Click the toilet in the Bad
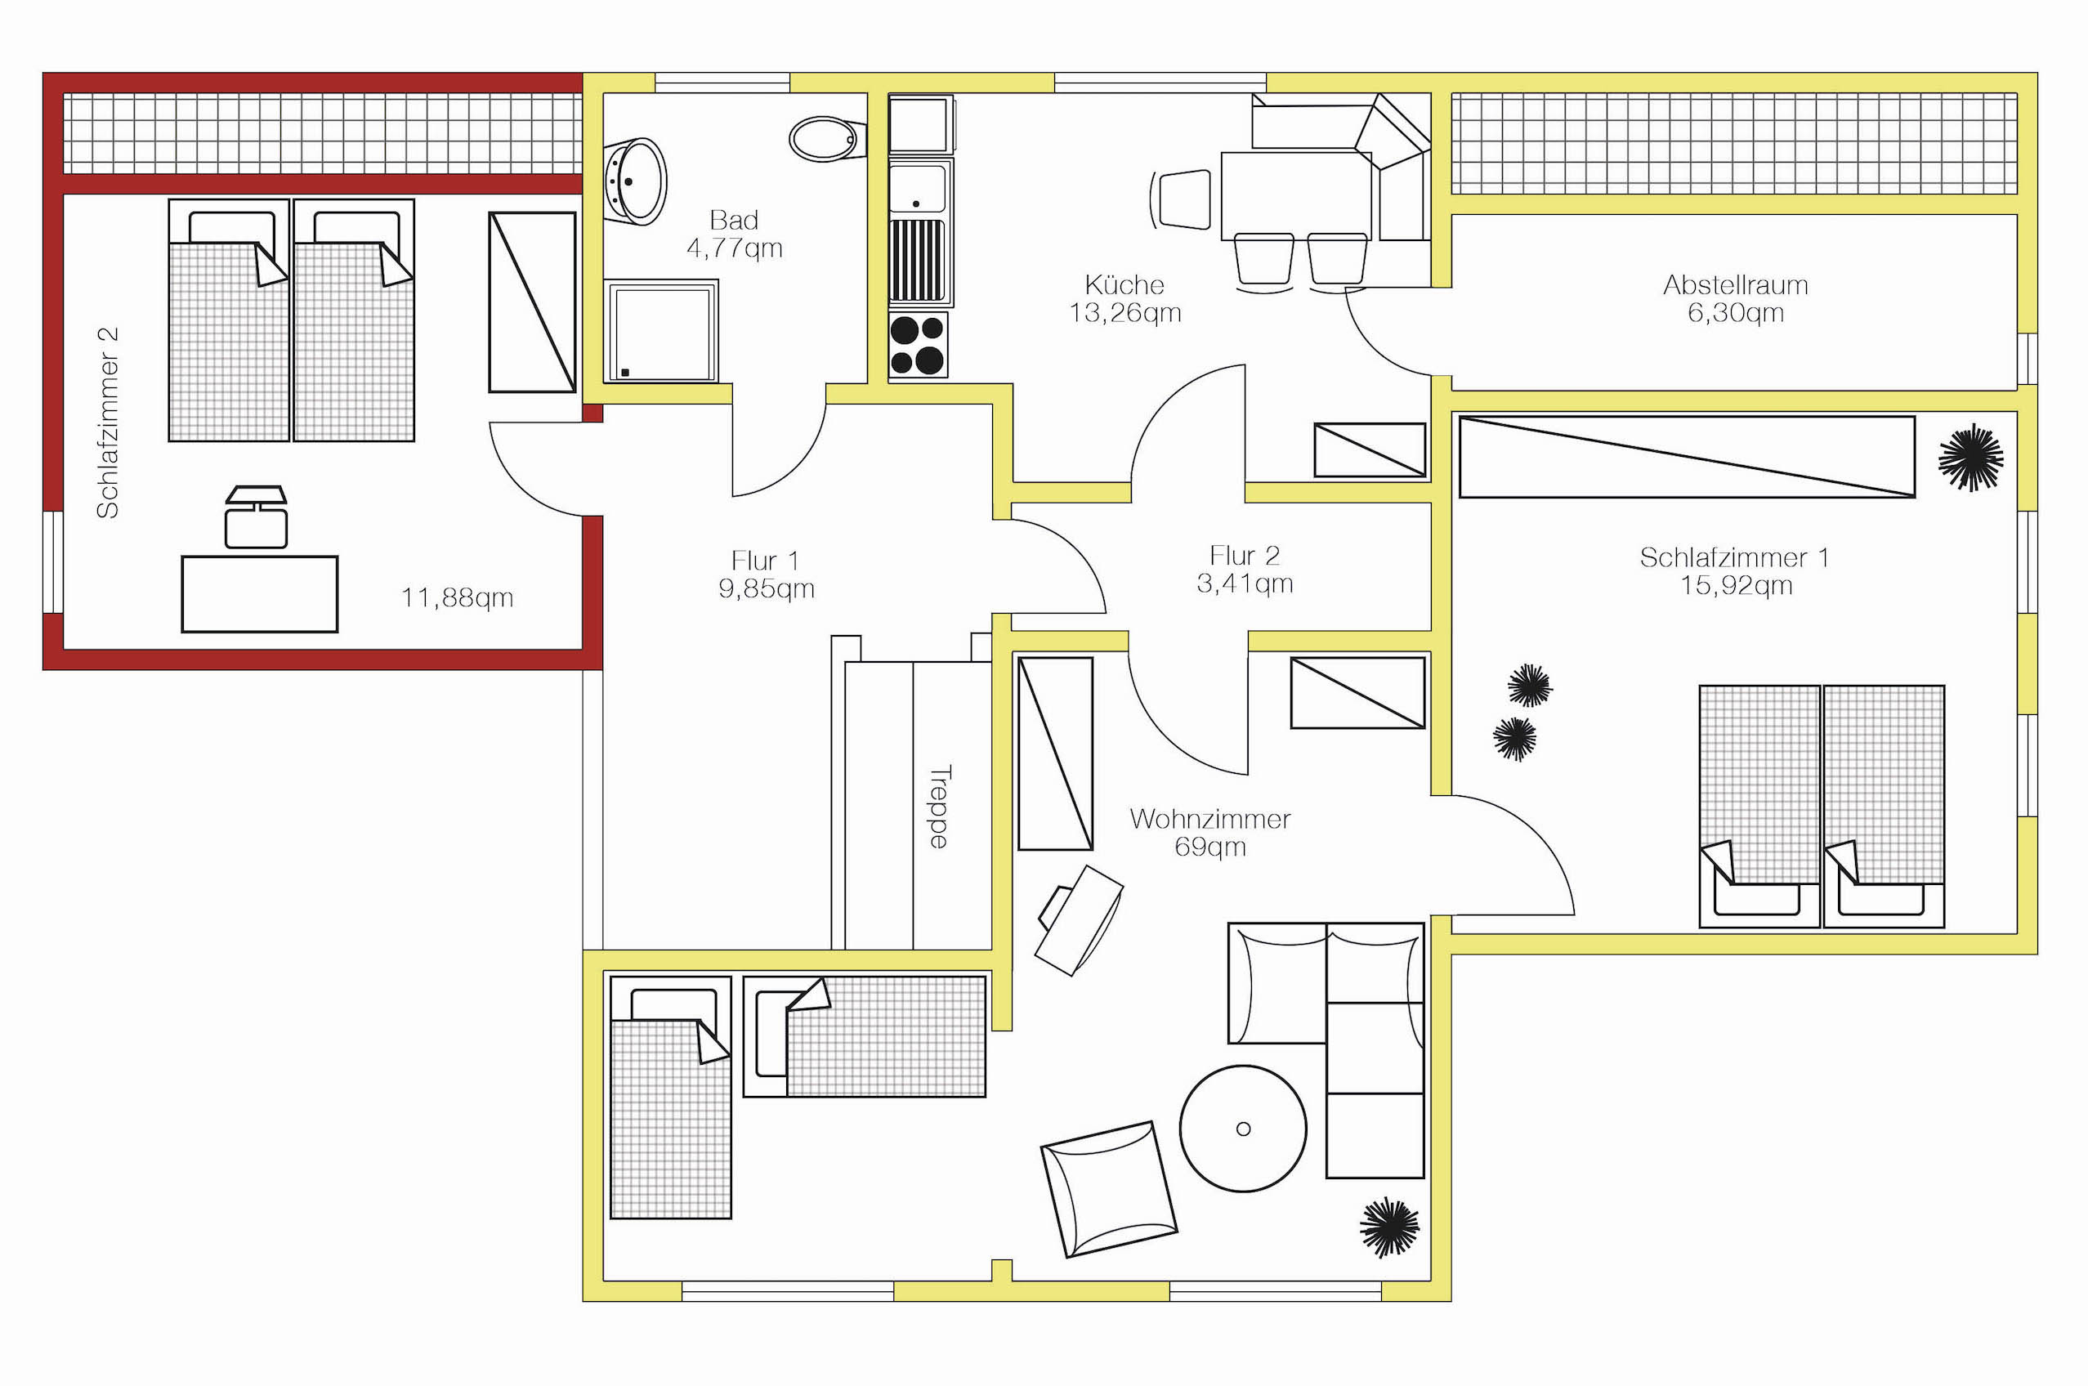(826, 139)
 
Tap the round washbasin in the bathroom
(636, 181)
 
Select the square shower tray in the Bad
(661, 332)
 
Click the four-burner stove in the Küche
(918, 344)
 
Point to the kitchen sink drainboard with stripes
(917, 261)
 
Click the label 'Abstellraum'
(1735, 284)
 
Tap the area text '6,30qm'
(1735, 313)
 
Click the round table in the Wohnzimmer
(1243, 1128)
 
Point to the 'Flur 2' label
(1245, 555)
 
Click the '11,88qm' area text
(457, 597)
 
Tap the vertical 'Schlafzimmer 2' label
(107, 423)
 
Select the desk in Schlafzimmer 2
(260, 594)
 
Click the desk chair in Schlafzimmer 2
(257, 517)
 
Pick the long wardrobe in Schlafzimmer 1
(1687, 457)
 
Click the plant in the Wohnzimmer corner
(1389, 1227)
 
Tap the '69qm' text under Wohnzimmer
(1210, 847)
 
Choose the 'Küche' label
(1124, 284)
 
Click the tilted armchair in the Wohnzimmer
(1108, 1190)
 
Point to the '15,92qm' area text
(1736, 585)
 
